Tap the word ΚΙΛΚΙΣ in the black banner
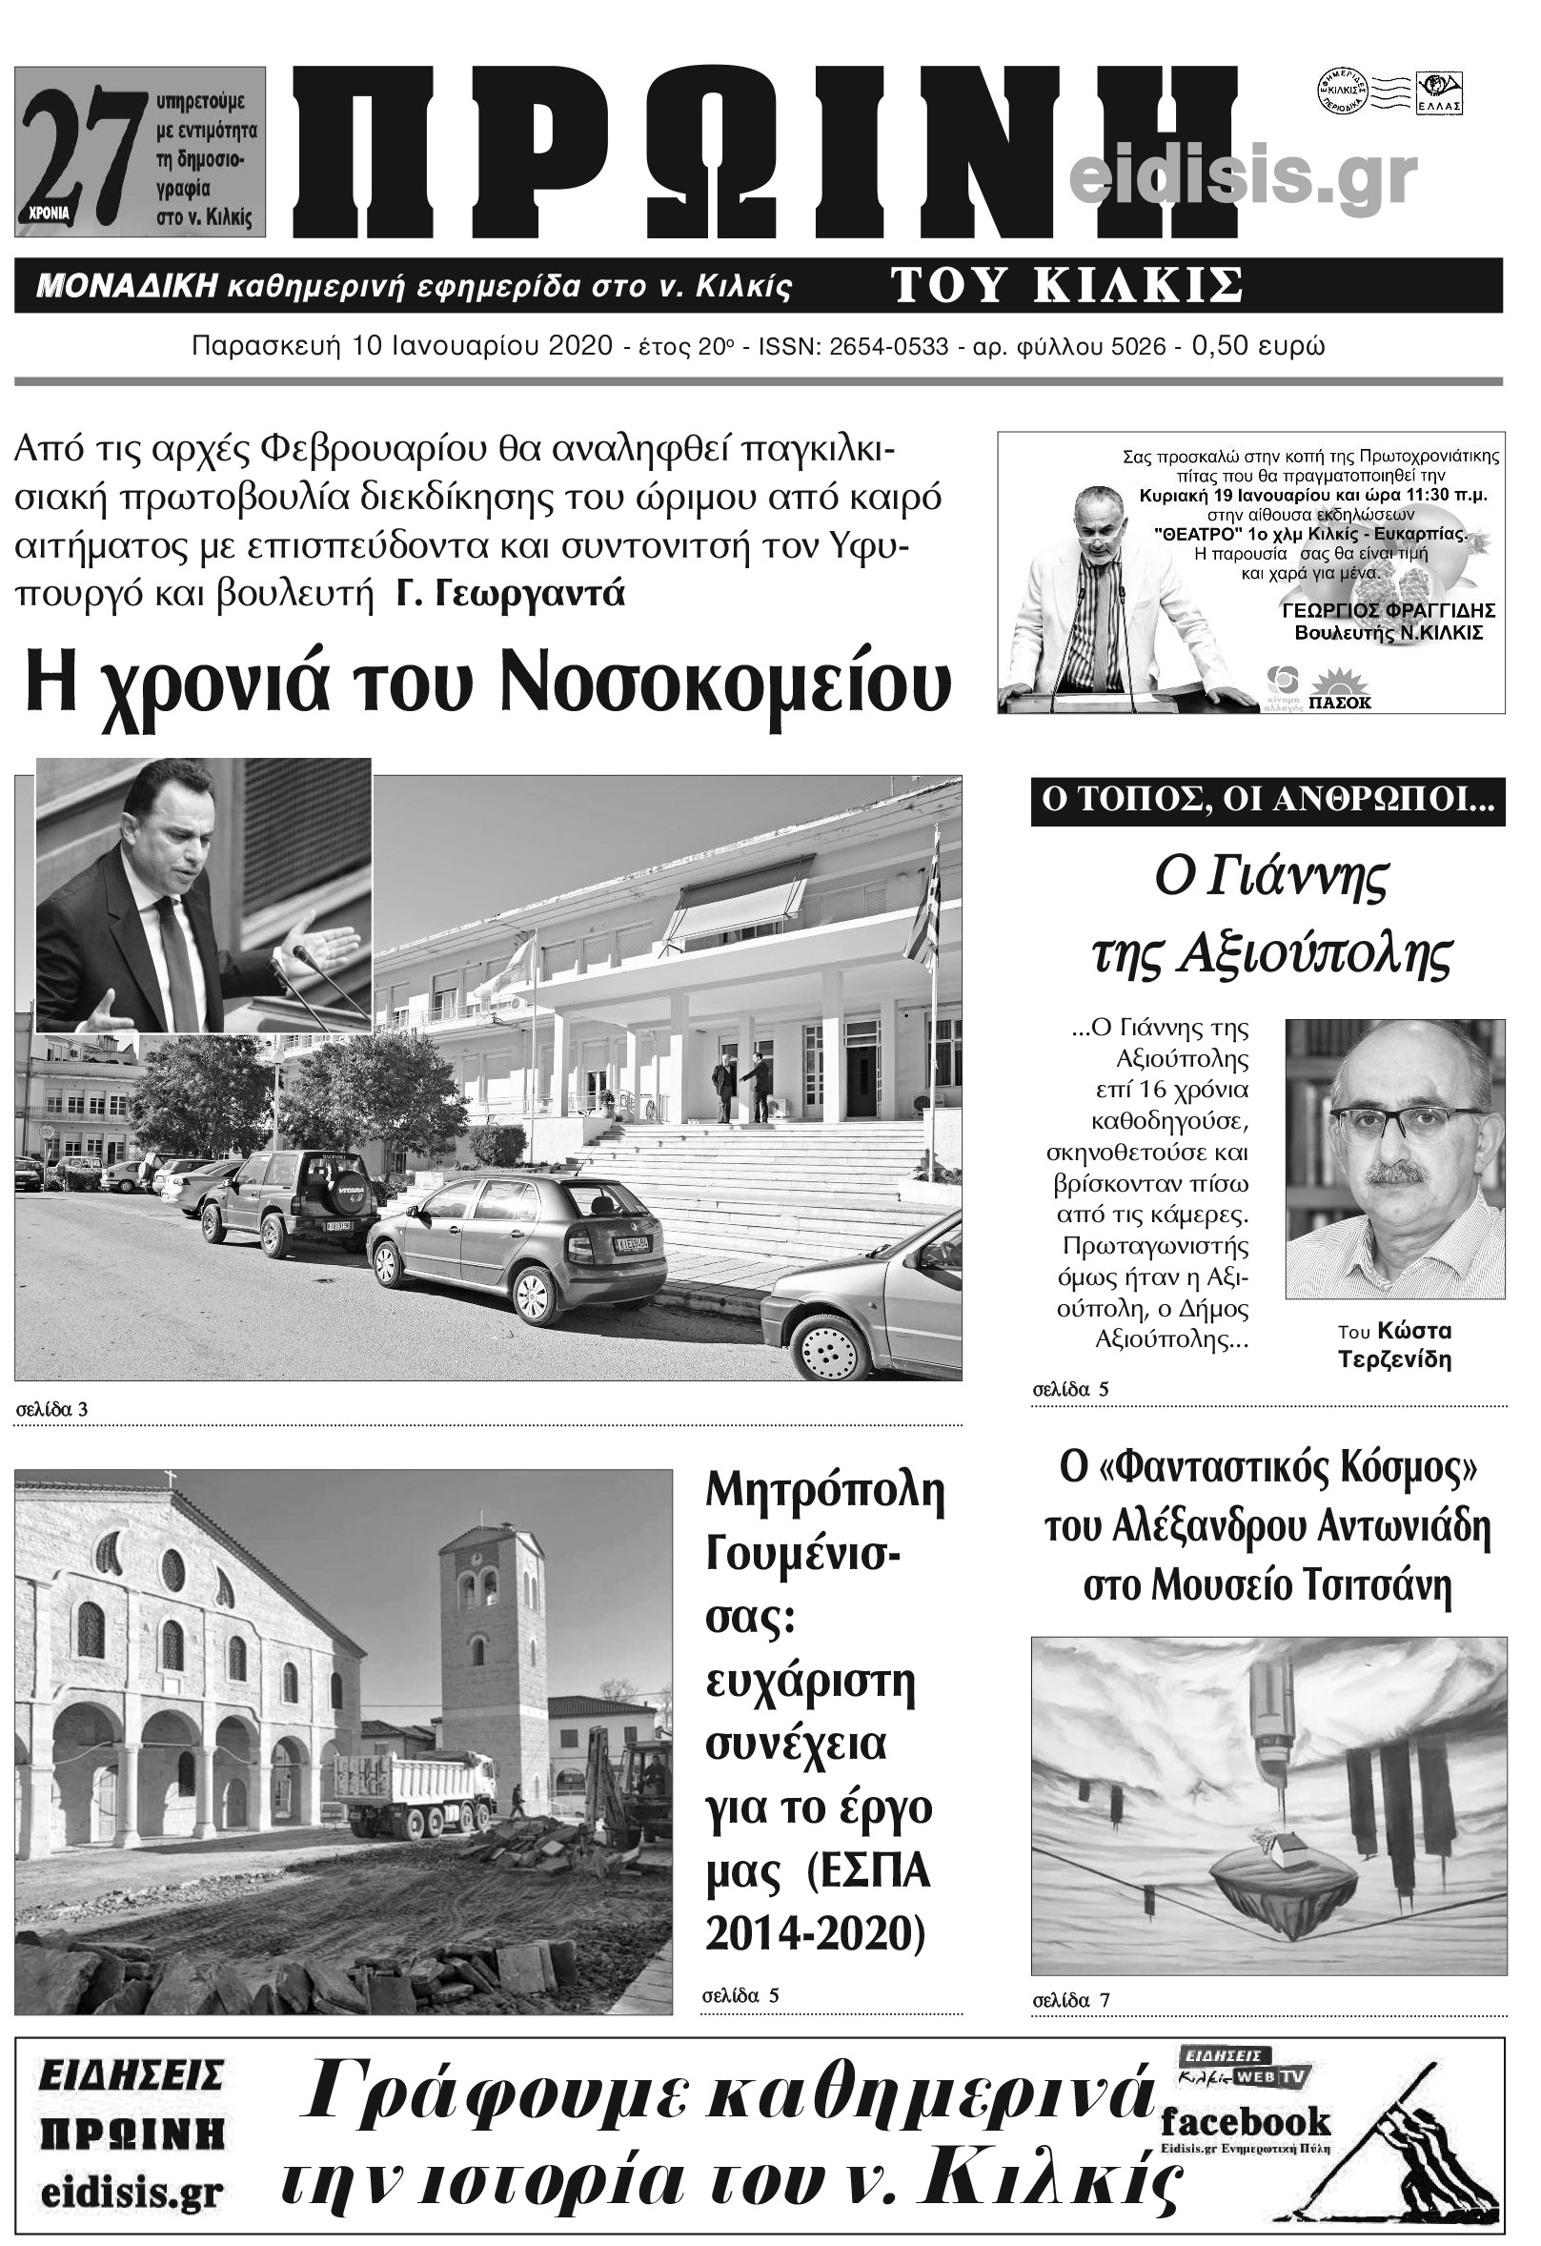tap(1145, 286)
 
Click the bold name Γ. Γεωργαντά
tap(511, 591)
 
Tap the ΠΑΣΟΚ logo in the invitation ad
tap(1342, 697)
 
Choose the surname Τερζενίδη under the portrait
tap(1394, 1359)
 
